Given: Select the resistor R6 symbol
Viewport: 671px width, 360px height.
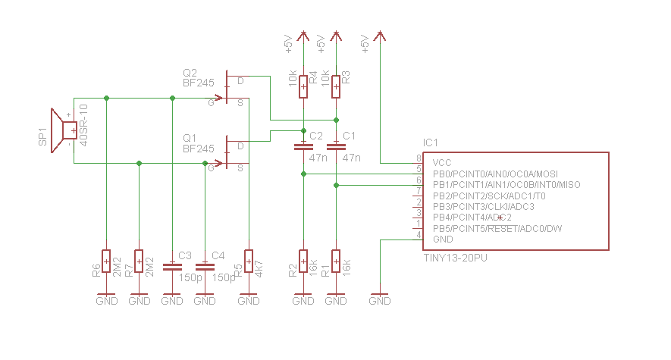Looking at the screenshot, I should click(106, 260).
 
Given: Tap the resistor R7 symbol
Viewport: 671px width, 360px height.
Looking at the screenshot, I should click(139, 260).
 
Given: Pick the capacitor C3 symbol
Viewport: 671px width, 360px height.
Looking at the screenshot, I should click(172, 266).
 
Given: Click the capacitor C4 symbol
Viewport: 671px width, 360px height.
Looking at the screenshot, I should click(205, 266).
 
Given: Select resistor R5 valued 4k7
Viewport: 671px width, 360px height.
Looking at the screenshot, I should click(248, 260).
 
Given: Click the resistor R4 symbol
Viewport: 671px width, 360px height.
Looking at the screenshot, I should click(303, 86).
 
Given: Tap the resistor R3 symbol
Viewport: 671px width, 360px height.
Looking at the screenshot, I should click(336, 86).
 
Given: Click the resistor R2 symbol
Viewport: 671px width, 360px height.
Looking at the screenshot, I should click(303, 260).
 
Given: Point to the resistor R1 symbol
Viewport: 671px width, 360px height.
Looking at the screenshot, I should click(336, 260).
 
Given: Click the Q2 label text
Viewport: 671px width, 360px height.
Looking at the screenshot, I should click(190, 73).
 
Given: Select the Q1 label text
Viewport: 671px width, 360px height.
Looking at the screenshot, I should click(190, 138).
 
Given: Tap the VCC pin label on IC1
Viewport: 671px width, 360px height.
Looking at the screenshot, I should click(442, 163).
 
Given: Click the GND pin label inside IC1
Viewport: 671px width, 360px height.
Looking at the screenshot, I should click(443, 239).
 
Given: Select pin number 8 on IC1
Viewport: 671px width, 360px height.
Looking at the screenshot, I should click(418, 158).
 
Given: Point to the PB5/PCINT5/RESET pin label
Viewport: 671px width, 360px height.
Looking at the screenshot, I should click(497, 229).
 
